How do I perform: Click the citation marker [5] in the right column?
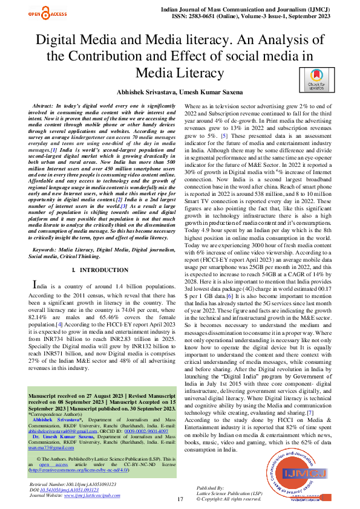(224, 135)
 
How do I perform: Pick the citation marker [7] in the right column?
(310, 412)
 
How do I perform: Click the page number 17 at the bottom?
(180, 499)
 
